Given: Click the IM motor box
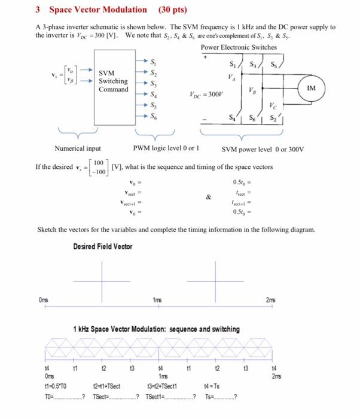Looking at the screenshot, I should [329, 87].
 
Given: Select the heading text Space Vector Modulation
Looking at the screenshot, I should [98, 10].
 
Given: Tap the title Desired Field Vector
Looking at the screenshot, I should [103, 246].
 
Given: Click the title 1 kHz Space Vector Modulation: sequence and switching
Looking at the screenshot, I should [156, 329].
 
